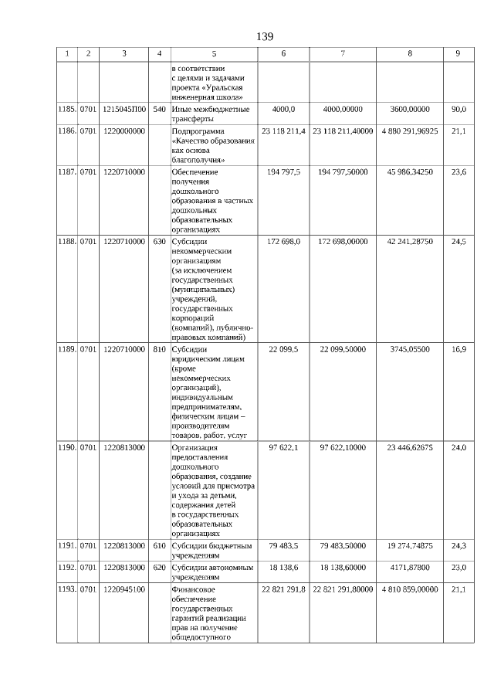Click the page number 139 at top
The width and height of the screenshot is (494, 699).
[x=264, y=36]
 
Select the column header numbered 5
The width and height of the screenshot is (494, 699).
[x=214, y=53]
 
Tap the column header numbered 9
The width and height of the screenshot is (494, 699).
[x=458, y=53]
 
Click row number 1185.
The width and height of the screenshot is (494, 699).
[x=66, y=110]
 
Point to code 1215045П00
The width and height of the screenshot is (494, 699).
[x=123, y=110]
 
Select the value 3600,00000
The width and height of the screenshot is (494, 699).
[x=409, y=110]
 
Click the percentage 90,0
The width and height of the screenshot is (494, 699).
[x=458, y=110]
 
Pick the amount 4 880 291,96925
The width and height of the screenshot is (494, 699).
[x=409, y=131]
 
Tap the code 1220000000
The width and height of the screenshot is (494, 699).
[x=123, y=131]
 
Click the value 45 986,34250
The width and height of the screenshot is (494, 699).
[x=409, y=171]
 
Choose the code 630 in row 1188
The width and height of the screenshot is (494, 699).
[x=159, y=242]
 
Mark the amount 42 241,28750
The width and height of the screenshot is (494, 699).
[x=409, y=242]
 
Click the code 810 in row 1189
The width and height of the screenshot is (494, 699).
[x=159, y=349]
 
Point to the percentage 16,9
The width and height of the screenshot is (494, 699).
[x=458, y=349]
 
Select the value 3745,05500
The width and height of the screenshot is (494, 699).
[x=409, y=349]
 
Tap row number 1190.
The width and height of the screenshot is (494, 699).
[x=66, y=447]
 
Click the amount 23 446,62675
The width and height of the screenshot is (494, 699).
[x=409, y=447]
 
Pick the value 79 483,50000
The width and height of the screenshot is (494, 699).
[x=343, y=545]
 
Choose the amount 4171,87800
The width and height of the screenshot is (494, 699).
[x=409, y=567]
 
